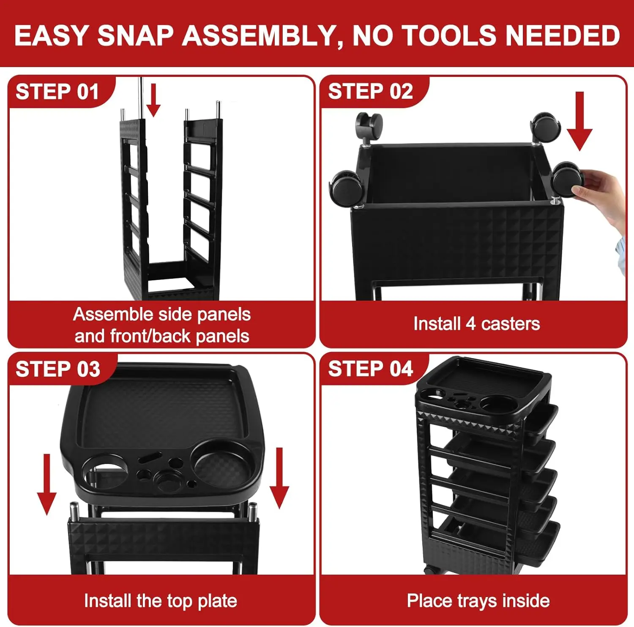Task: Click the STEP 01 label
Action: (x=57, y=92)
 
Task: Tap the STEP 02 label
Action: (x=371, y=92)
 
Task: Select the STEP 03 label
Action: (x=58, y=369)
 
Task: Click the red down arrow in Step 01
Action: (x=153, y=100)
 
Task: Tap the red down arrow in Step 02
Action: (x=580, y=121)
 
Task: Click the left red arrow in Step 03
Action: (x=46, y=485)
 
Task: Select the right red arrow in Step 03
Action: (x=279, y=478)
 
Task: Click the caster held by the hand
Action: (x=566, y=181)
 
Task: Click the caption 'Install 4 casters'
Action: (x=476, y=324)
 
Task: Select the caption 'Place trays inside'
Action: (x=478, y=600)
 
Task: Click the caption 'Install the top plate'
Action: (x=161, y=601)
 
